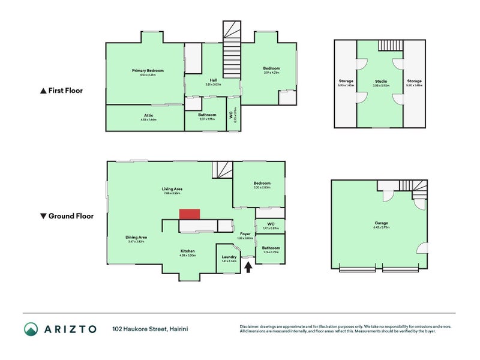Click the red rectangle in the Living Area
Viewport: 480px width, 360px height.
pyautogui.click(x=190, y=214)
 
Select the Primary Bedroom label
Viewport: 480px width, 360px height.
pyautogui.click(x=148, y=70)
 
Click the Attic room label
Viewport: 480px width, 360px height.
pyautogui.click(x=148, y=115)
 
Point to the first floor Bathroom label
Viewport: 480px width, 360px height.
pyautogui.click(x=208, y=114)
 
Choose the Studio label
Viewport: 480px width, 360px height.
pyautogui.click(x=380, y=81)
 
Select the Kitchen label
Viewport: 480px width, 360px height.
pyautogui.click(x=188, y=251)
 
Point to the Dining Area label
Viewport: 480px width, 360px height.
pyautogui.click(x=136, y=237)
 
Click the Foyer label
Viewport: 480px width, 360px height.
pyautogui.click(x=245, y=233)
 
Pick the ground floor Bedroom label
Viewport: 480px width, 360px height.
pyautogui.click(x=262, y=183)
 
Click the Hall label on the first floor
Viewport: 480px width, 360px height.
pyautogui.click(x=213, y=80)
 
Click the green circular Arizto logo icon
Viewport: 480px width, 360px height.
pyautogui.click(x=31, y=328)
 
